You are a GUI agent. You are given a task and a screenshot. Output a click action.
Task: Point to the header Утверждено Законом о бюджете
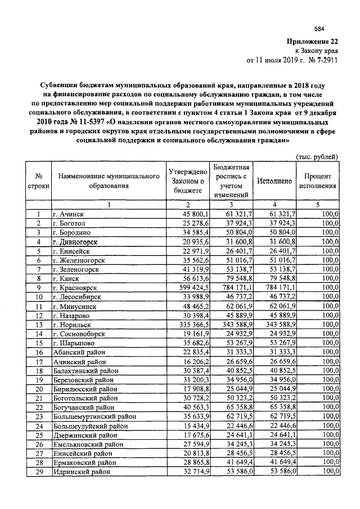tap(187, 181)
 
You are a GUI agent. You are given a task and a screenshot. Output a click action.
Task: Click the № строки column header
tap(38, 181)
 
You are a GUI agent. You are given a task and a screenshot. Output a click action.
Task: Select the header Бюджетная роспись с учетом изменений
tap(231, 181)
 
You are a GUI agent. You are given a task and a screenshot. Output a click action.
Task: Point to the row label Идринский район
tap(82, 471)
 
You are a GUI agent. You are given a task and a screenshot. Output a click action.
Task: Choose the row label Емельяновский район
tap(88, 444)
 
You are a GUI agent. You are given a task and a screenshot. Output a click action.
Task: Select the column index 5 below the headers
tap(317, 205)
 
